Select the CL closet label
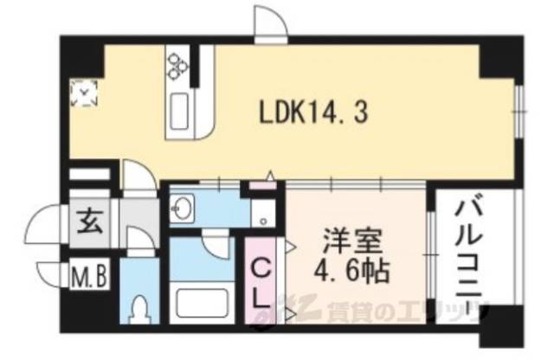(x=261, y=282)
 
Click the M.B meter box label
(x=89, y=279)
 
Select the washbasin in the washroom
(x=184, y=209)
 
